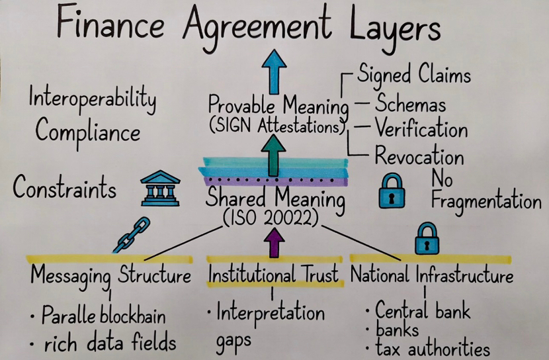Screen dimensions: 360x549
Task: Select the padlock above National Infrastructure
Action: click(x=427, y=239)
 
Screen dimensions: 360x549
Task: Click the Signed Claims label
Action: click(x=414, y=75)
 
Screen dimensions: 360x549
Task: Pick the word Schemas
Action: click(x=410, y=104)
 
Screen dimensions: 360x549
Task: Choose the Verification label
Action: click(x=421, y=128)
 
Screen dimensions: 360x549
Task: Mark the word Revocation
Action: click(x=419, y=157)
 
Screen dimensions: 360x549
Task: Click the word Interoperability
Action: click(x=92, y=101)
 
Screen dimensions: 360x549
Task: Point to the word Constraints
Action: click(x=65, y=189)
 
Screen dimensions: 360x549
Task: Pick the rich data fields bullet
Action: click(x=106, y=342)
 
